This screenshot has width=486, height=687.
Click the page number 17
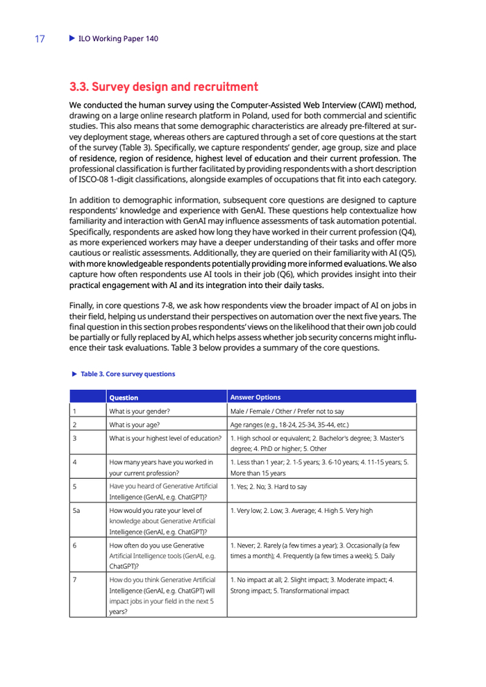click(x=40, y=39)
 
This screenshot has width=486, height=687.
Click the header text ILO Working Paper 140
click(x=118, y=39)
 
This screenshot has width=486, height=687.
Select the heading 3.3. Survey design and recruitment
click(x=164, y=88)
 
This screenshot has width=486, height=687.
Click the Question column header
click(x=124, y=398)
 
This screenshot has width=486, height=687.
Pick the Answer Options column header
click(x=255, y=398)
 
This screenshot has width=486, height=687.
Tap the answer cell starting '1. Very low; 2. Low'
click(x=301, y=491)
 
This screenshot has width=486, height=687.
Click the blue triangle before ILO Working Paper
click(x=72, y=39)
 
